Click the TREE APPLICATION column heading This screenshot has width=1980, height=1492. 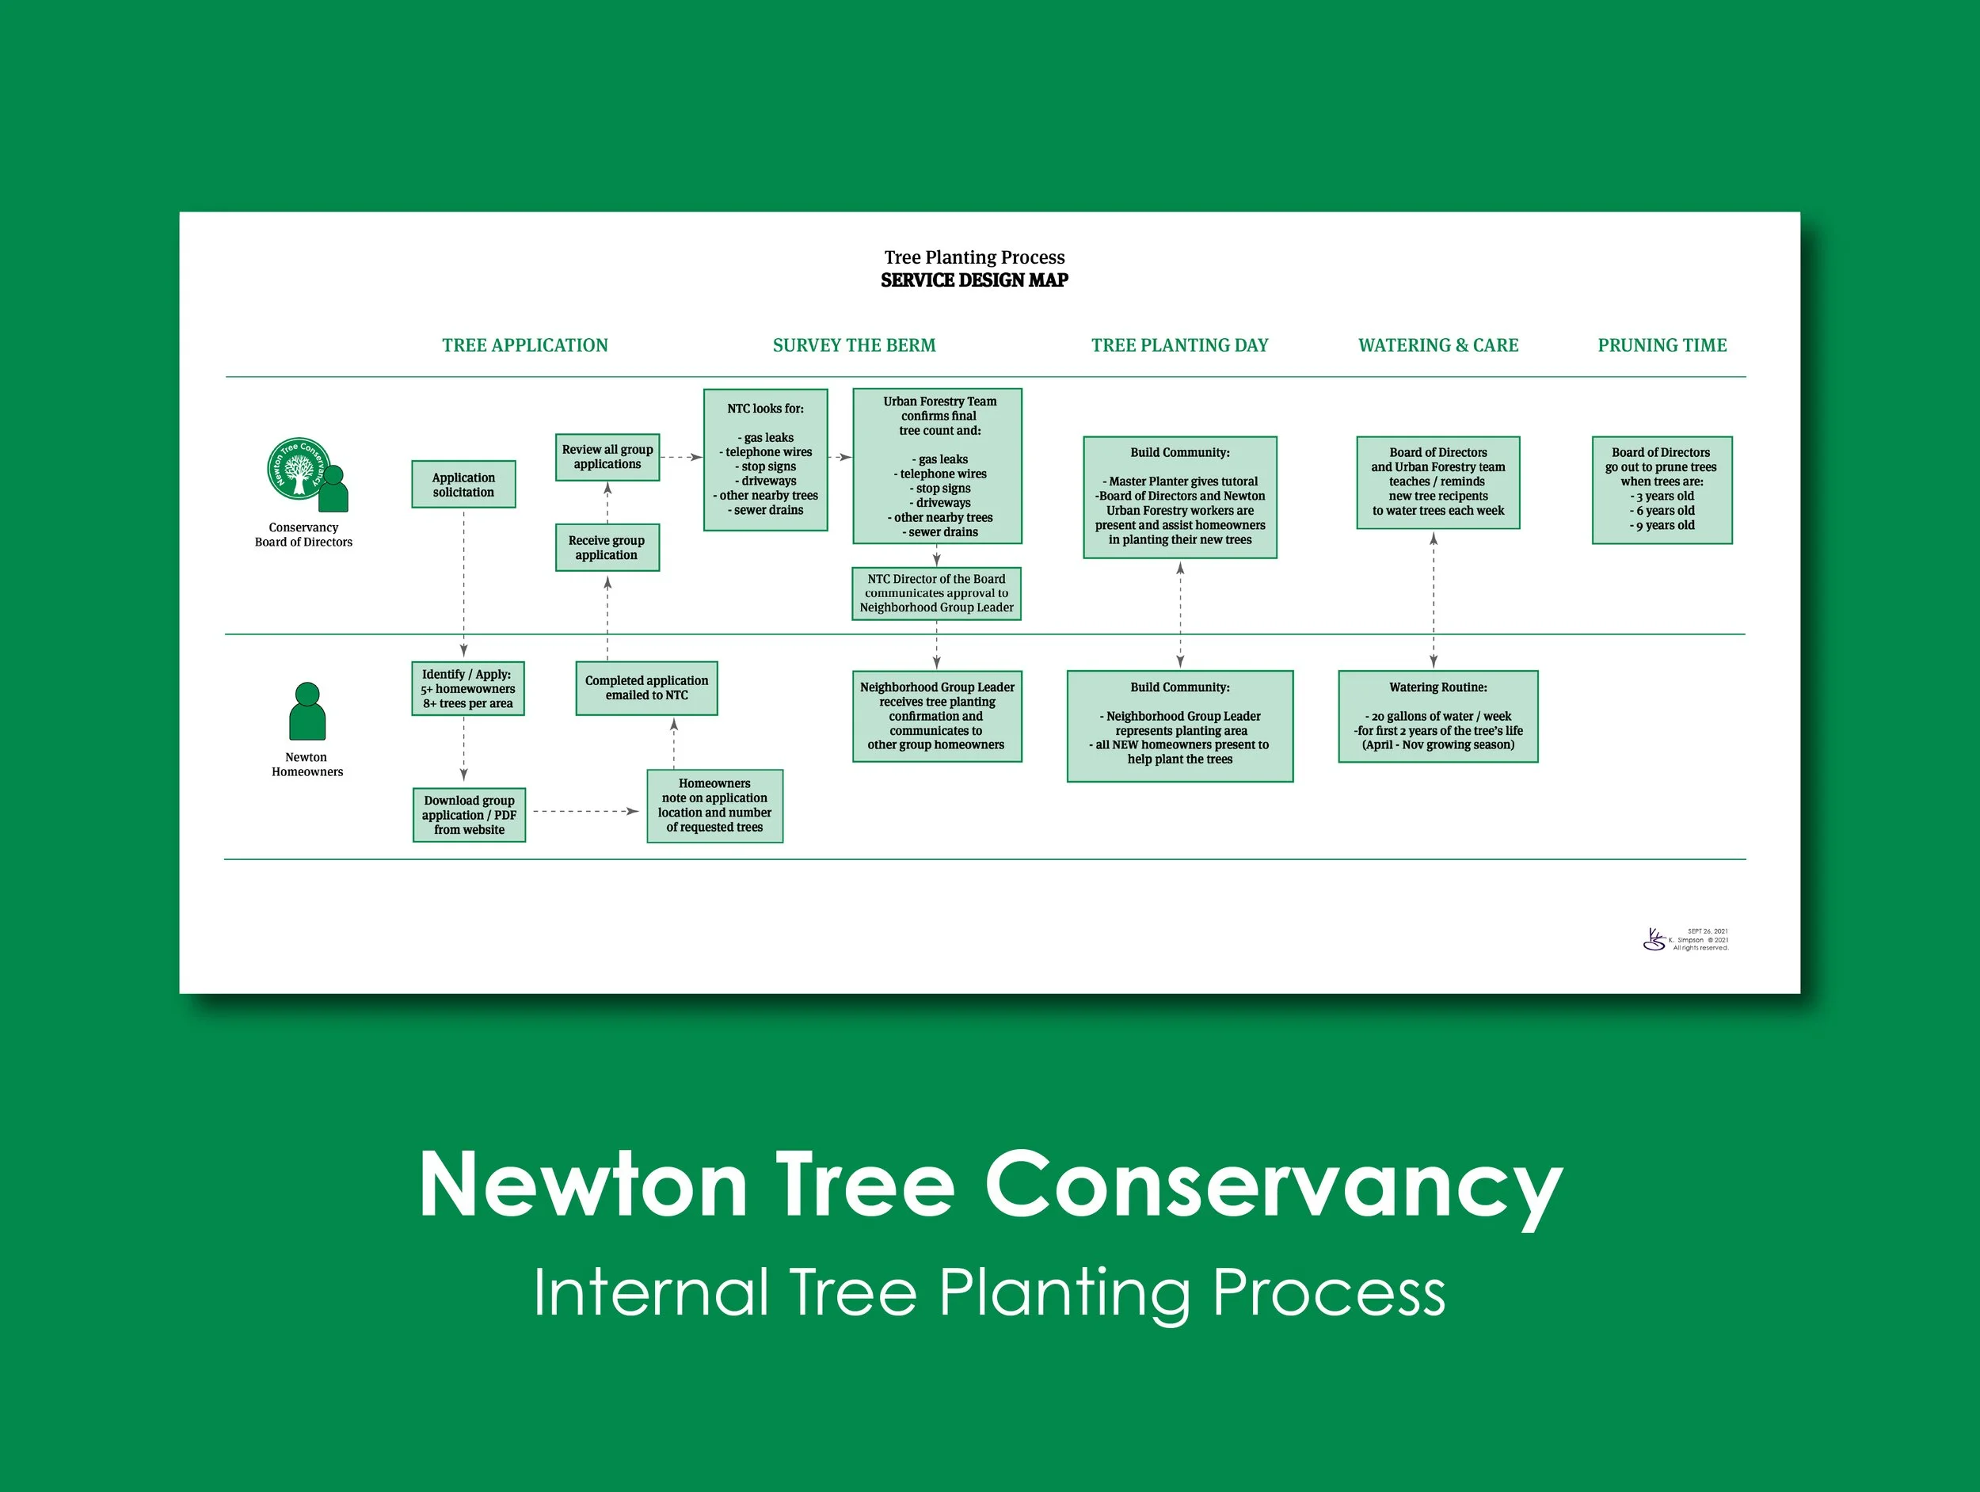click(x=524, y=345)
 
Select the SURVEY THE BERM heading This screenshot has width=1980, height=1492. click(x=854, y=345)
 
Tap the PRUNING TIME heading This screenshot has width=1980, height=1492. click(x=1662, y=345)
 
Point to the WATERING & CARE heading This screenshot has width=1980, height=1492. click(x=1437, y=345)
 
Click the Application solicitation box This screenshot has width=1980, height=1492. click(x=463, y=484)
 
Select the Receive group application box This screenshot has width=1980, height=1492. click(x=607, y=548)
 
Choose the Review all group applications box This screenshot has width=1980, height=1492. click(x=607, y=456)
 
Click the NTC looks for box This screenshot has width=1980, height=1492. click(x=765, y=459)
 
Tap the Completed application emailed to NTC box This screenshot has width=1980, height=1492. click(x=646, y=687)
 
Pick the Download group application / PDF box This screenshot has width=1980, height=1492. click(x=469, y=814)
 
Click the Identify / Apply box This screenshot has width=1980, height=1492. click(x=467, y=688)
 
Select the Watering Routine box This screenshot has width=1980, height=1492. click(x=1437, y=716)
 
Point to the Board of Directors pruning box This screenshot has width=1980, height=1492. click(x=1662, y=489)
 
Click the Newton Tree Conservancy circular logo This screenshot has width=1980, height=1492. click(x=297, y=468)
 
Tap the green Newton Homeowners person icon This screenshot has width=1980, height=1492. click(x=307, y=711)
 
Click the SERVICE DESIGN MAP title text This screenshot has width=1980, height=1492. click(x=974, y=280)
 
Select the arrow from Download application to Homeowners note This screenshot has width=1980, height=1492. click(x=585, y=812)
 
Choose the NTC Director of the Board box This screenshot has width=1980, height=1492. click(x=936, y=592)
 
